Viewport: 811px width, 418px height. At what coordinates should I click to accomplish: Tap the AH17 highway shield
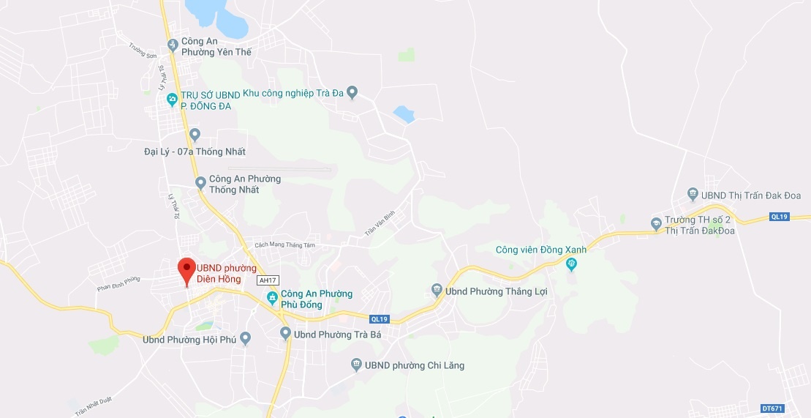point(268,280)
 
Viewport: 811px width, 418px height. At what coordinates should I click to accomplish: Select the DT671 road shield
point(772,408)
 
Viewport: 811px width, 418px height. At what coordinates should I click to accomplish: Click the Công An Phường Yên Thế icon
point(173,45)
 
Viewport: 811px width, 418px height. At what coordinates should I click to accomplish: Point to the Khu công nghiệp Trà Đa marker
point(352,92)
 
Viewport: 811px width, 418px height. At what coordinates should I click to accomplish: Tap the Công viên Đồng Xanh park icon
point(573,264)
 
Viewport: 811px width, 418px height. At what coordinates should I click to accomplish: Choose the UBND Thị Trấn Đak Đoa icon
point(693,195)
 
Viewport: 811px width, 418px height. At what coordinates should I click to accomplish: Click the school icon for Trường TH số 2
point(657,223)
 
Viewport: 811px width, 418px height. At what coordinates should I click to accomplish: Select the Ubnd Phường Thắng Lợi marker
point(437,291)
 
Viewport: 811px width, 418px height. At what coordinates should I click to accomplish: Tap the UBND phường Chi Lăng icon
point(356,365)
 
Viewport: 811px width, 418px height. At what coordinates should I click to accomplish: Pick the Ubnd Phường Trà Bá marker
point(286,334)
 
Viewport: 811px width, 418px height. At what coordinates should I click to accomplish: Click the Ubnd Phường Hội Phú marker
point(246,338)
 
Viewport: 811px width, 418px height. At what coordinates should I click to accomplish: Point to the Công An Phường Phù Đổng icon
point(272,298)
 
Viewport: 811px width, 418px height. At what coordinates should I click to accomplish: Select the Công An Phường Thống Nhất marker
point(201,183)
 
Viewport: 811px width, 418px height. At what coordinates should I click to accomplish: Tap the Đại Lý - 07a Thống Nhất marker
point(194,135)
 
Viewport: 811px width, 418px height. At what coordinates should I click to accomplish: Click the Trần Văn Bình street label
point(380,224)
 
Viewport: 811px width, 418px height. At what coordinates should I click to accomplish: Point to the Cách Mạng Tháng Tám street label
point(284,245)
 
